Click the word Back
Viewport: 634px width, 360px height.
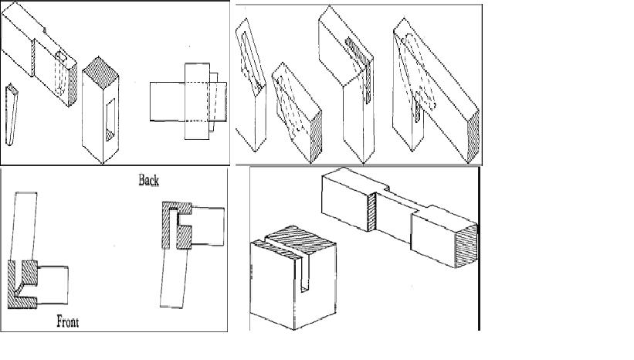(x=148, y=180)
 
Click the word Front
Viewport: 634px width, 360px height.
(x=67, y=321)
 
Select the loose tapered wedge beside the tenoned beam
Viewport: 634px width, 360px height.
(x=12, y=114)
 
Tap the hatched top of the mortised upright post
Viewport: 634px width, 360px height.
(x=100, y=73)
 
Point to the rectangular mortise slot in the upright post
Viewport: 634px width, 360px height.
(x=110, y=120)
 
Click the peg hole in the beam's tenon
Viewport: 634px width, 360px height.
(x=61, y=56)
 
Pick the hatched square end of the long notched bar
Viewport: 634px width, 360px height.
(x=466, y=246)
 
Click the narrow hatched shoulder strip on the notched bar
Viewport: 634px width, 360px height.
(x=371, y=212)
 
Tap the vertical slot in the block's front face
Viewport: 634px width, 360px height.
(x=306, y=274)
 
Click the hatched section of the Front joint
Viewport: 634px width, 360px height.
(x=22, y=285)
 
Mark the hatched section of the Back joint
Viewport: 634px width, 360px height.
(x=176, y=225)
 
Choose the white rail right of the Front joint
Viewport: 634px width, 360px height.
(x=53, y=285)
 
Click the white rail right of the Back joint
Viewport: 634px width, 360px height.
(x=208, y=226)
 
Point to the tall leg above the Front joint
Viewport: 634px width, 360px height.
(x=24, y=226)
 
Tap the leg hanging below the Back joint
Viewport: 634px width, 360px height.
(x=175, y=278)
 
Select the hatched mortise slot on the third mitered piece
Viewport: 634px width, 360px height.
(x=359, y=69)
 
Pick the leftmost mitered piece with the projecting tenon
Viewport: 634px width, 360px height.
(x=251, y=85)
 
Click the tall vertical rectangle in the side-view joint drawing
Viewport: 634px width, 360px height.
(x=198, y=101)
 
